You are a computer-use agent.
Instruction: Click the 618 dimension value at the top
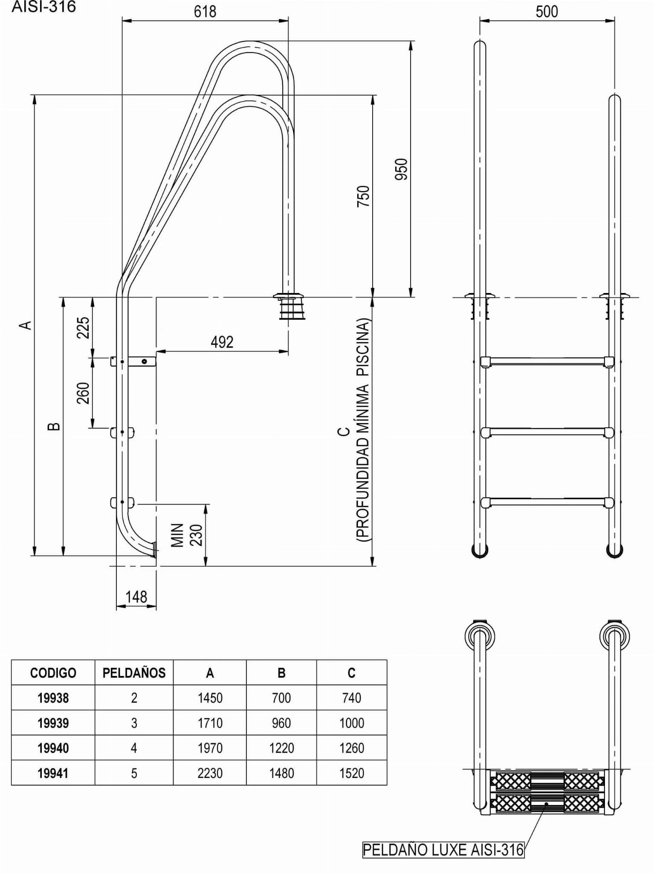205,12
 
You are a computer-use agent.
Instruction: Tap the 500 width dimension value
547,12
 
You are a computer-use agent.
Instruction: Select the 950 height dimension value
402,169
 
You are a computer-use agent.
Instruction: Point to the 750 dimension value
363,196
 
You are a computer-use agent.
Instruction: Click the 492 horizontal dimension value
222,342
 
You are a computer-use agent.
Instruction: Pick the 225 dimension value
83,327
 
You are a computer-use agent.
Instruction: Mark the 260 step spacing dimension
83,393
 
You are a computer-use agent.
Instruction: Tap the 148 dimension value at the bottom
136,597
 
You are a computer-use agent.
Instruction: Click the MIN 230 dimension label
187,535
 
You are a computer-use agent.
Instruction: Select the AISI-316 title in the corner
44,7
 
